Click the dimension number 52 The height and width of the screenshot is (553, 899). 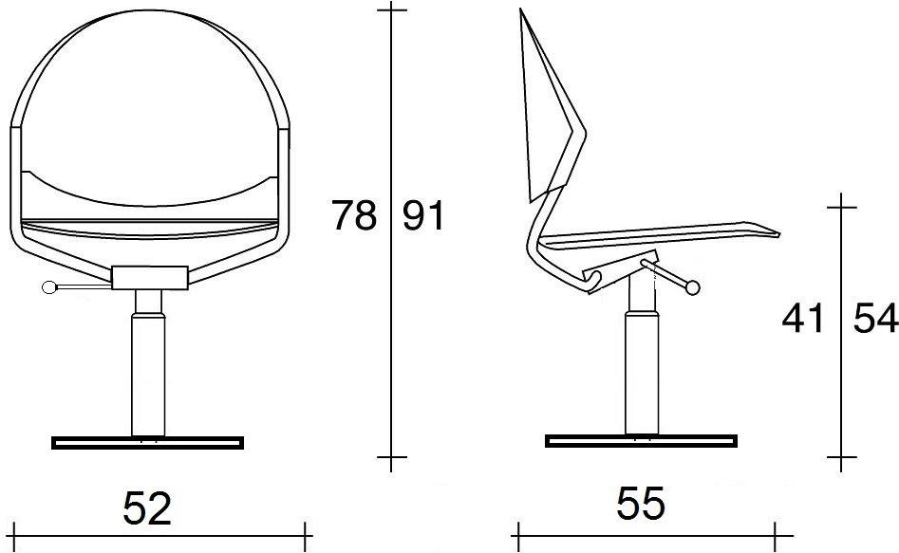coord(147,508)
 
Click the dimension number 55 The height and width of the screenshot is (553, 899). coord(641,503)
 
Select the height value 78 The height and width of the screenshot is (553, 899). coord(354,215)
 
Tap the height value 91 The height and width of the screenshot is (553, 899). coord(423,215)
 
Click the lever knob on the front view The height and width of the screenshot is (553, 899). coord(50,287)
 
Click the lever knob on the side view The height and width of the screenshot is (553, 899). coord(693,287)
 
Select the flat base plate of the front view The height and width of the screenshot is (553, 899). coord(148,442)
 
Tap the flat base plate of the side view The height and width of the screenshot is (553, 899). coord(641,441)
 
